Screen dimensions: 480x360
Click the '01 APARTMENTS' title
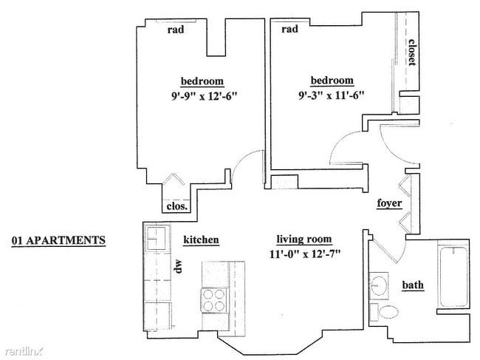(x=58, y=240)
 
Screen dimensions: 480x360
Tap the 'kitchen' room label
(x=201, y=240)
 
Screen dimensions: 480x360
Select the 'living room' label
(x=304, y=240)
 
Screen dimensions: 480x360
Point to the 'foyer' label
(x=389, y=203)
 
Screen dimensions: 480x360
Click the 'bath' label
(x=413, y=285)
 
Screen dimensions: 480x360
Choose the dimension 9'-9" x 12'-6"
(x=204, y=97)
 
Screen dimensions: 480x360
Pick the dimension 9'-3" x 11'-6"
(x=332, y=95)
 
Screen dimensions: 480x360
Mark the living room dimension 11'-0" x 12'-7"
(x=305, y=254)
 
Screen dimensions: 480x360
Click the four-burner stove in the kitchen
(x=214, y=301)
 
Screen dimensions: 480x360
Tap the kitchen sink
(x=157, y=238)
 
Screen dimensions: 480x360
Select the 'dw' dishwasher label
(x=178, y=266)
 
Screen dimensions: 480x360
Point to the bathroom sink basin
(x=379, y=285)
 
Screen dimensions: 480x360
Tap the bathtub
(x=453, y=277)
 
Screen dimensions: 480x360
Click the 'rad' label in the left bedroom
(x=176, y=30)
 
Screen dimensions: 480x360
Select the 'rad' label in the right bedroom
(x=289, y=29)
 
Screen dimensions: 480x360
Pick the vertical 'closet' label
(x=412, y=52)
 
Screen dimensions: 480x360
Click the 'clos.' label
(x=177, y=206)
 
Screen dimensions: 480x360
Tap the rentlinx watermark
(x=24, y=351)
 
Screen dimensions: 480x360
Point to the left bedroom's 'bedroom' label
(x=202, y=81)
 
